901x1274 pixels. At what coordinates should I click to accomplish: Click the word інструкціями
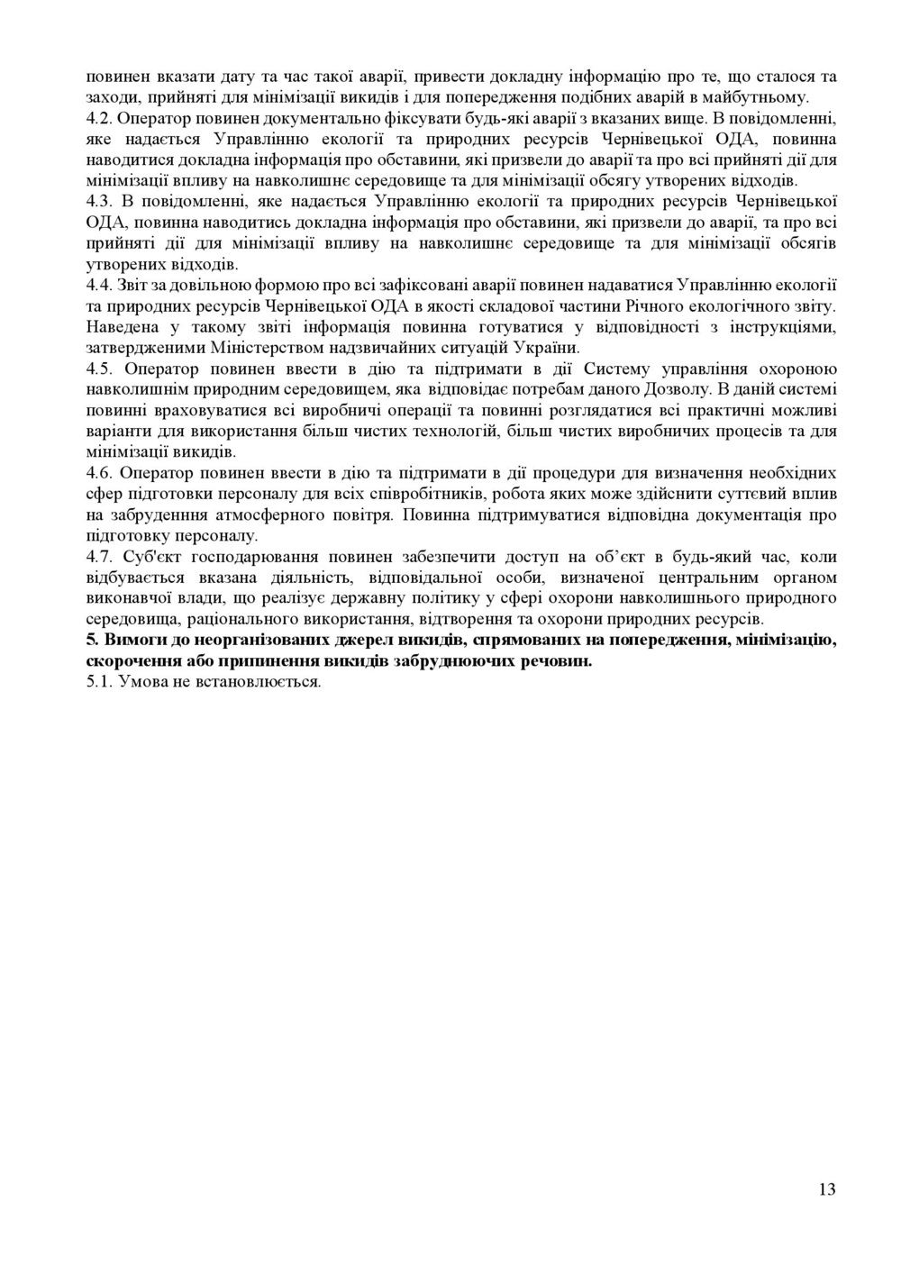click(x=787, y=326)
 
